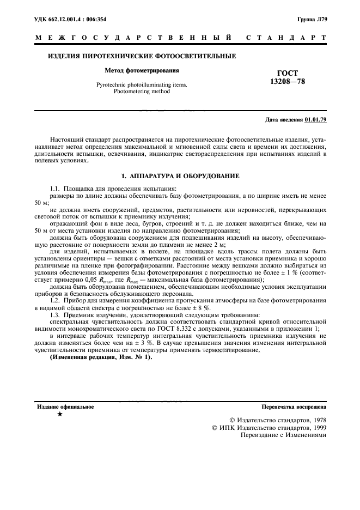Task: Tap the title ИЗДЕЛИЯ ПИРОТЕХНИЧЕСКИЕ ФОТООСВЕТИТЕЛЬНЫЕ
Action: point(142,56)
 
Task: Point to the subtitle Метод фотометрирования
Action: point(142,70)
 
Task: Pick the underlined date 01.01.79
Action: point(315,119)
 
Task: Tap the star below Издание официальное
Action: point(60,415)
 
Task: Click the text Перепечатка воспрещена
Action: point(294,406)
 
